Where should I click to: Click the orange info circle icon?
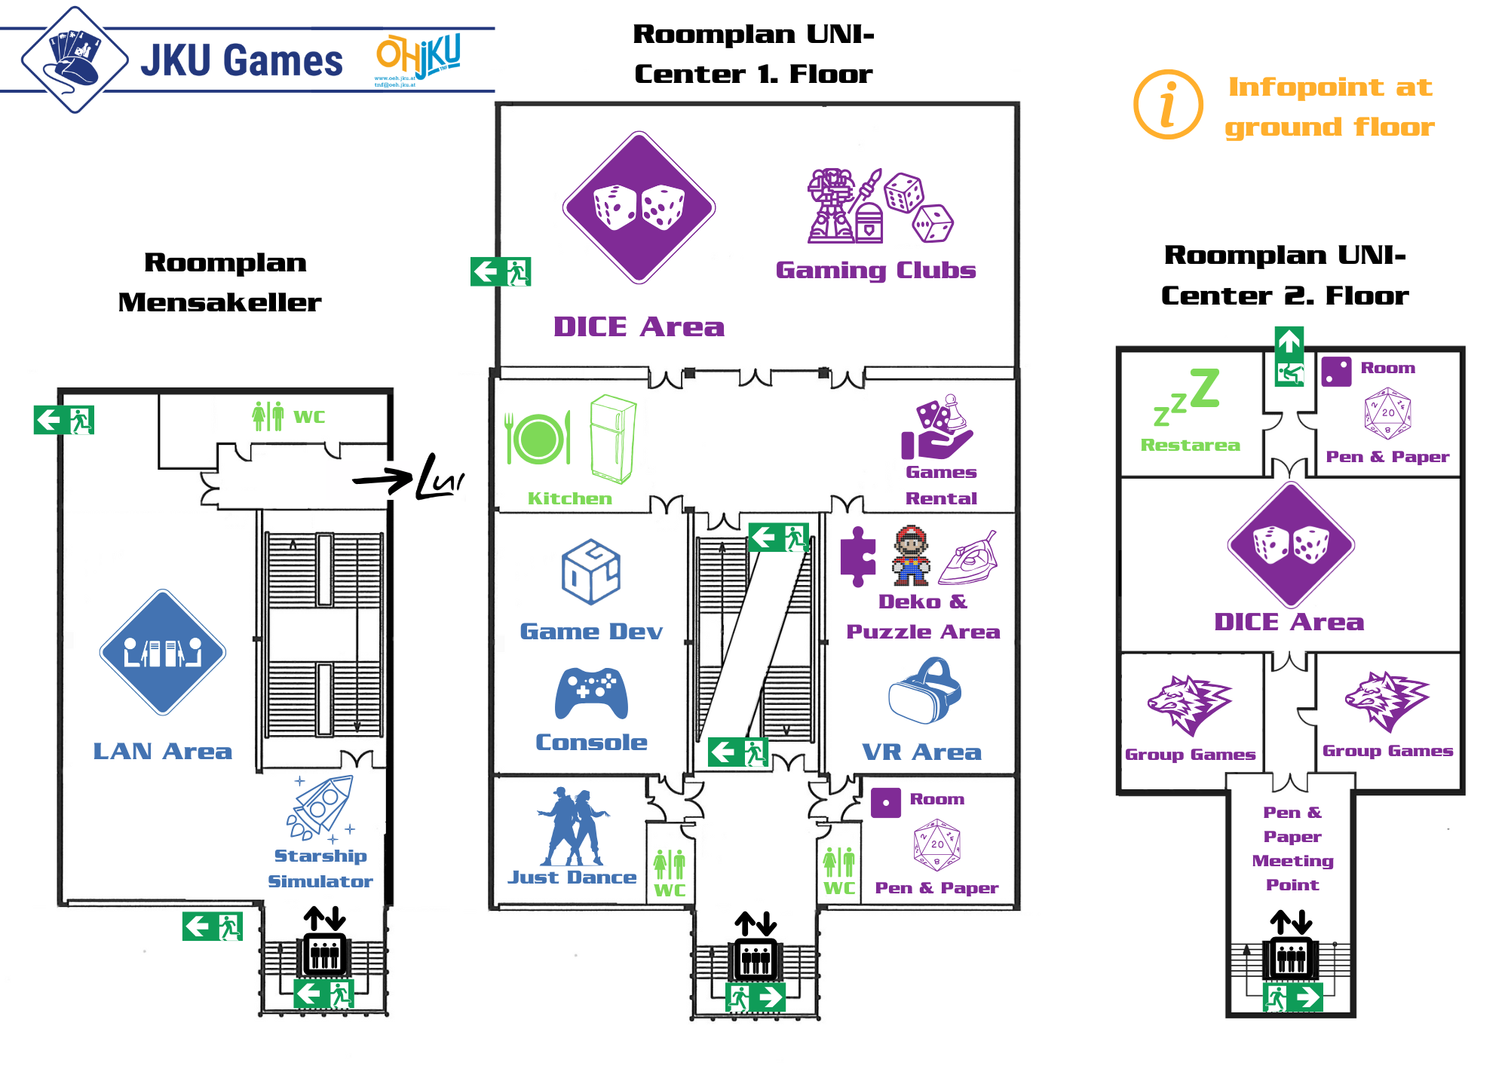click(x=1168, y=105)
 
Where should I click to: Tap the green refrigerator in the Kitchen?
click(x=612, y=439)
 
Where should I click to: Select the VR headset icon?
click(x=925, y=691)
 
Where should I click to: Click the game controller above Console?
click(x=591, y=694)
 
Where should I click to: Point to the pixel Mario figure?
click(x=911, y=556)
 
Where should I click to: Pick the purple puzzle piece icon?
click(x=858, y=556)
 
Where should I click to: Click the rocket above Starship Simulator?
click(x=321, y=807)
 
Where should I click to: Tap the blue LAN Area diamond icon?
click(x=163, y=652)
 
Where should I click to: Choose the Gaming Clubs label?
click(x=875, y=270)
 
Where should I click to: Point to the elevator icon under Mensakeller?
click(x=325, y=954)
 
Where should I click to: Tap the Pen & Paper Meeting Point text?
click(x=1292, y=848)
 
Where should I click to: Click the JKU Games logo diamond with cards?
click(x=75, y=60)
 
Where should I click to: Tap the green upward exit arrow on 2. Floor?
click(x=1289, y=342)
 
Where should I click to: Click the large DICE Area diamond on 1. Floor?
click(x=639, y=207)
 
